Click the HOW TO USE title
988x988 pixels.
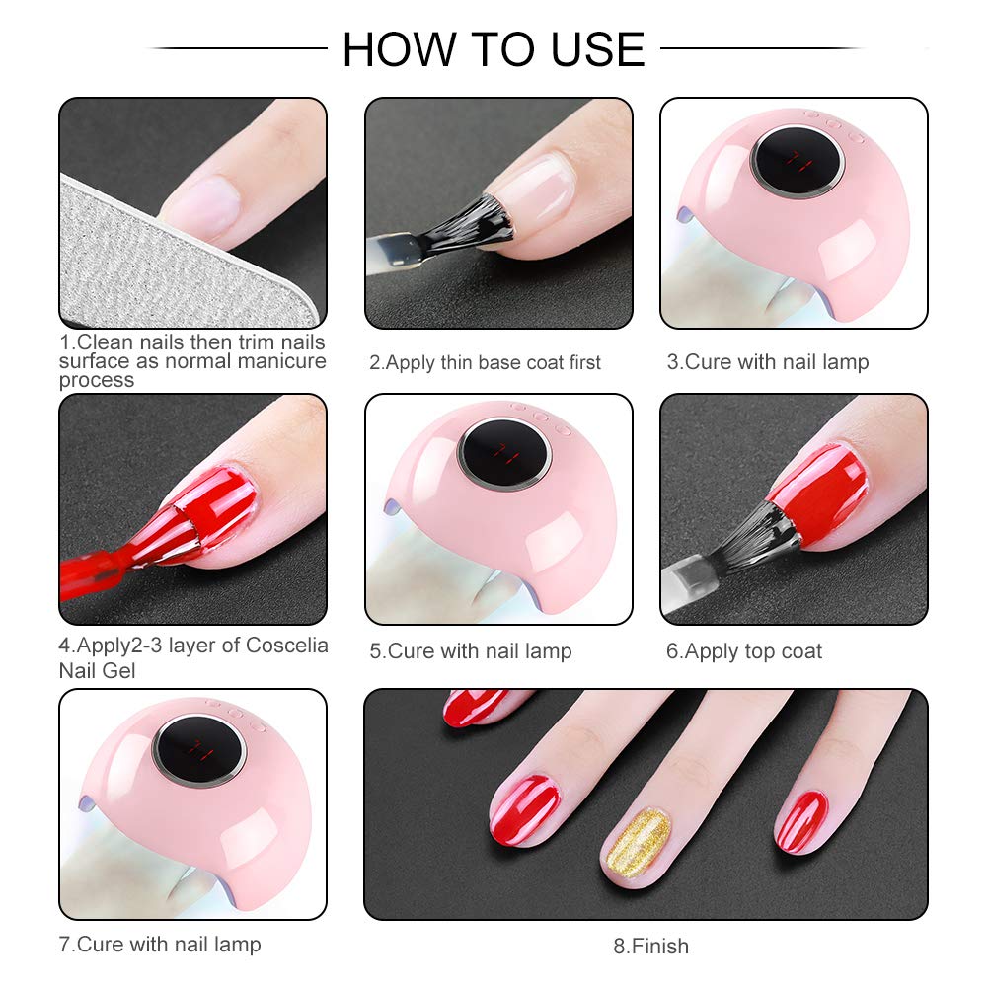tap(494, 49)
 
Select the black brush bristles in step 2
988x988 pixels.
tap(474, 222)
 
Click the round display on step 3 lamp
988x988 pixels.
tap(797, 161)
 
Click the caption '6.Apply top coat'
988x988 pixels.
tap(744, 651)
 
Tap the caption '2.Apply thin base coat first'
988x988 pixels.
tap(485, 362)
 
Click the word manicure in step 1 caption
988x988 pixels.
tap(278, 361)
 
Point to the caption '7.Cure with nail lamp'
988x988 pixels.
tap(160, 944)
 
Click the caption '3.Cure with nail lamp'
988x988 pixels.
tap(768, 362)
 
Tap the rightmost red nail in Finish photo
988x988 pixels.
tap(800, 821)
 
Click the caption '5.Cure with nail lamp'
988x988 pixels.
tap(471, 651)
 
